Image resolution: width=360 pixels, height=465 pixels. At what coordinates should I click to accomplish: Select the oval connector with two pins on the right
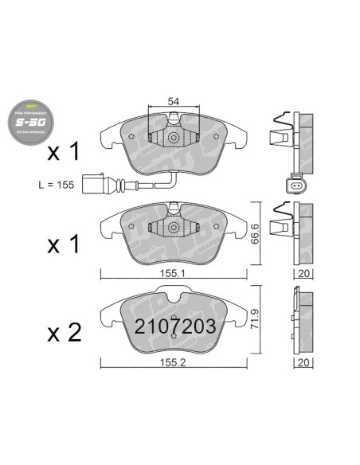[297, 188]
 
